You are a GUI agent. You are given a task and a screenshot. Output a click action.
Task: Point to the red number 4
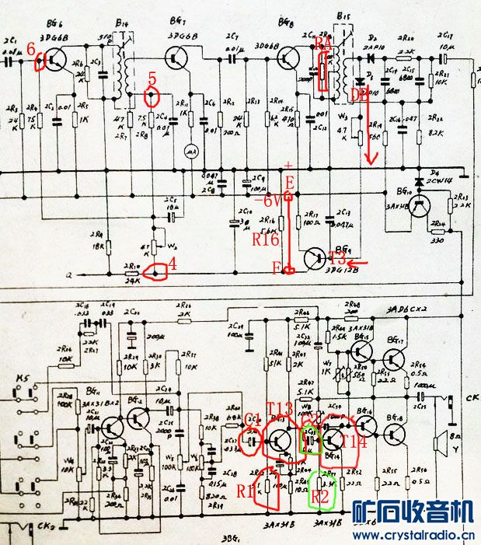[x=173, y=264]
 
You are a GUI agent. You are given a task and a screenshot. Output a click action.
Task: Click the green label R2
[x=321, y=492]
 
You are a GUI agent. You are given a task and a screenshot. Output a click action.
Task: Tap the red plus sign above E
[x=289, y=166]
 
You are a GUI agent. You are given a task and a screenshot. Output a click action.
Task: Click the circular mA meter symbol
[x=187, y=152]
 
